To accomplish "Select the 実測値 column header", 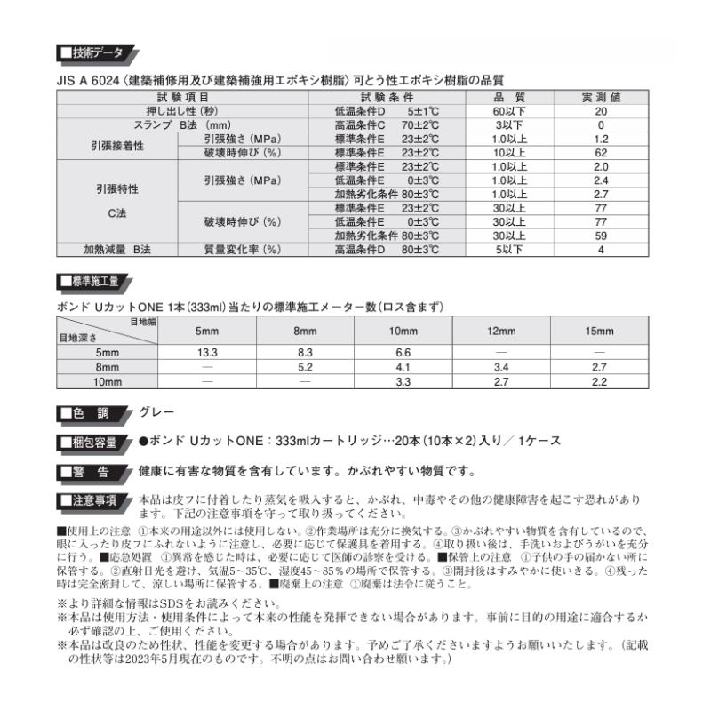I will click(x=601, y=97).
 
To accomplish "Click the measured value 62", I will click(x=601, y=153).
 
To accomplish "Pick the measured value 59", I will click(x=601, y=236).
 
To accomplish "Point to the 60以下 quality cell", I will click(x=509, y=111).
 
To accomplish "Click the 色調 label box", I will click(x=90, y=413).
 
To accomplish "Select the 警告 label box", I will click(x=90, y=471).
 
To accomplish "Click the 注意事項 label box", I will click(x=90, y=501).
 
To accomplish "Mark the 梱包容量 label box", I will click(x=90, y=442).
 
